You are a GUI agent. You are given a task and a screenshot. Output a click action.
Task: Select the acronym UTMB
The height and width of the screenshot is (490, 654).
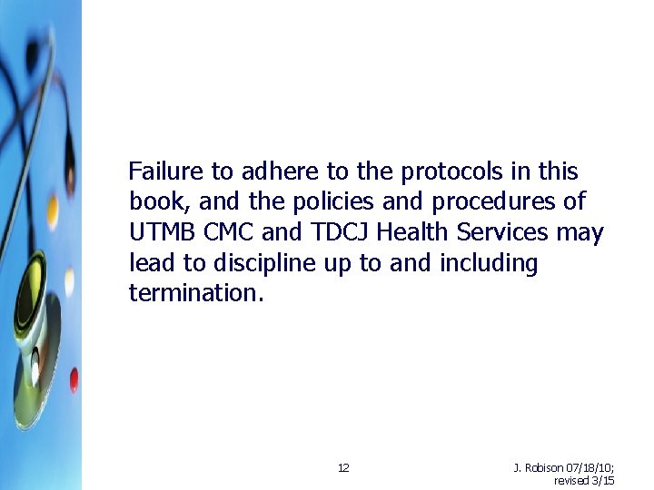[163, 233]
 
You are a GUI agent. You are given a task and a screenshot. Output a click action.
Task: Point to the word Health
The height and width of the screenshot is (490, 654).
[412, 233]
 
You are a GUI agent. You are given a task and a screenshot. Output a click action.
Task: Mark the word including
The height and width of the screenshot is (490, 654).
[489, 264]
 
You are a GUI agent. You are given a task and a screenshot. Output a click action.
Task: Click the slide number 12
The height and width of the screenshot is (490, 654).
[343, 468]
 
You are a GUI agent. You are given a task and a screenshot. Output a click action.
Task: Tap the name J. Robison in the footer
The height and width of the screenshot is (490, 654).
[539, 468]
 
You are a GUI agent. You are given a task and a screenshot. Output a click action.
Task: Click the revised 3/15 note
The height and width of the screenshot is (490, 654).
[584, 481]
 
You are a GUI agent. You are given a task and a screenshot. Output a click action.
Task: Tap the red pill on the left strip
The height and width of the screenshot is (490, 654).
[74, 379]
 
